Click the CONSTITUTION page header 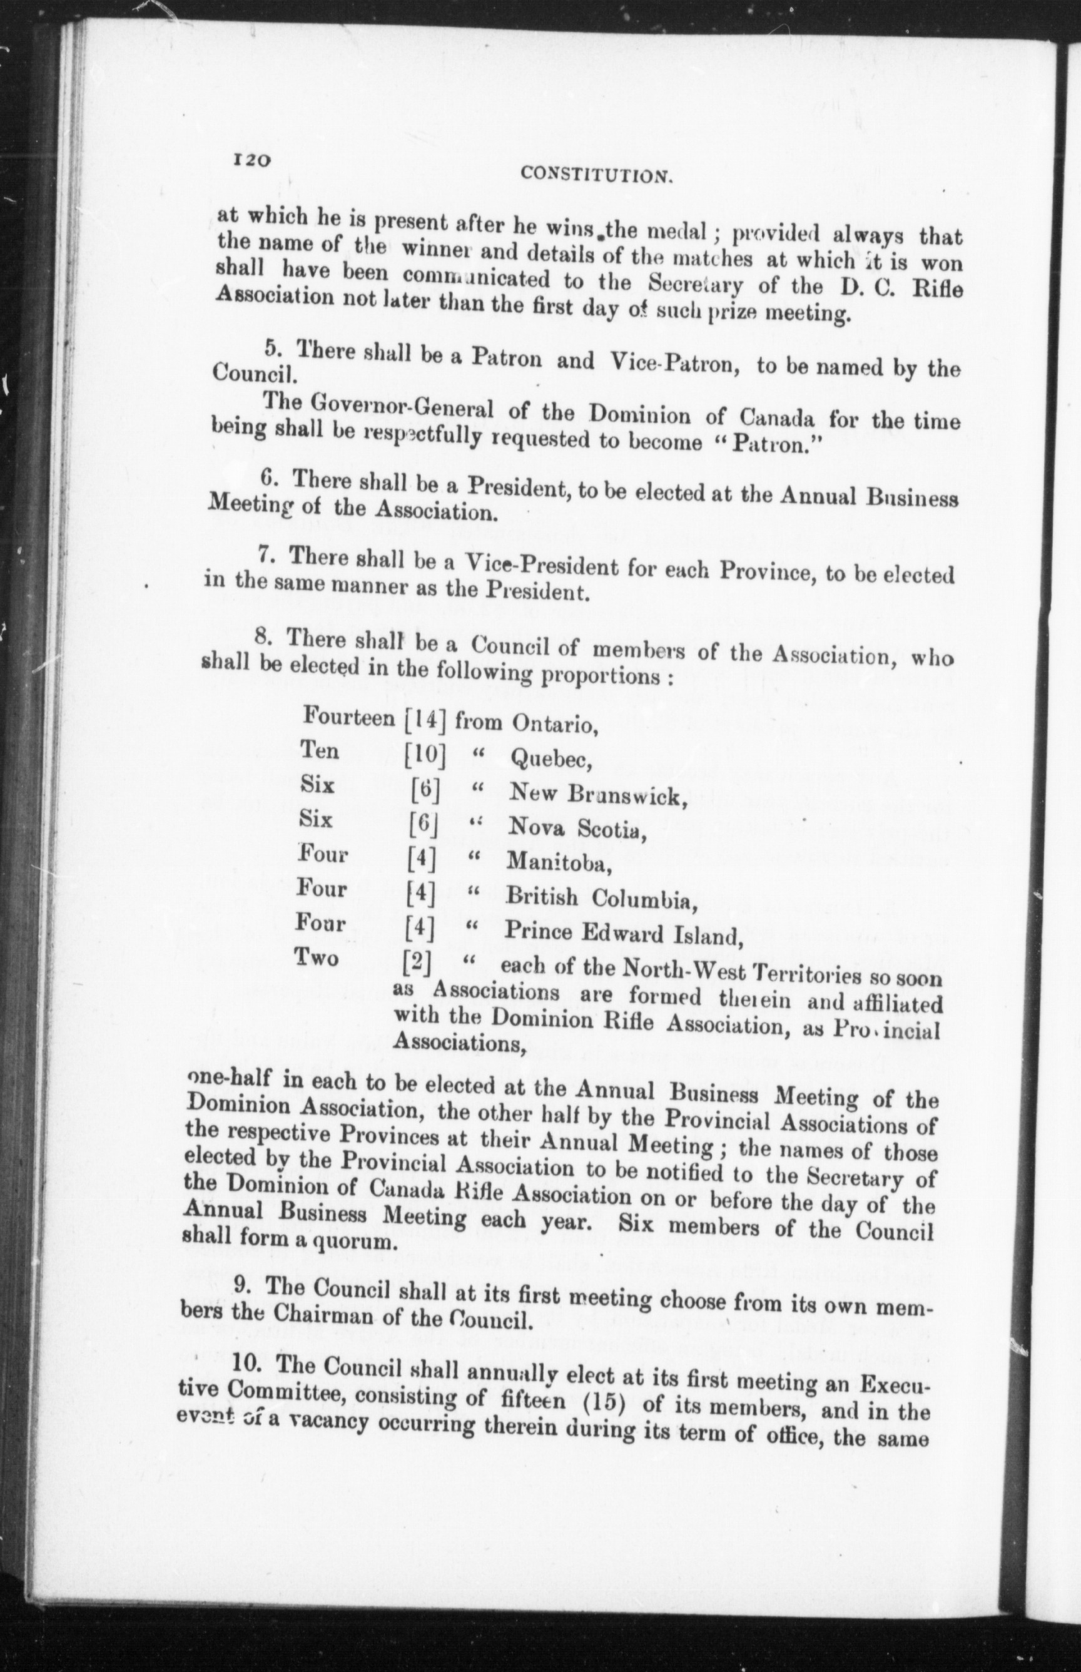pyautogui.click(x=597, y=175)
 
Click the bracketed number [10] pyautogui.click(x=425, y=755)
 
